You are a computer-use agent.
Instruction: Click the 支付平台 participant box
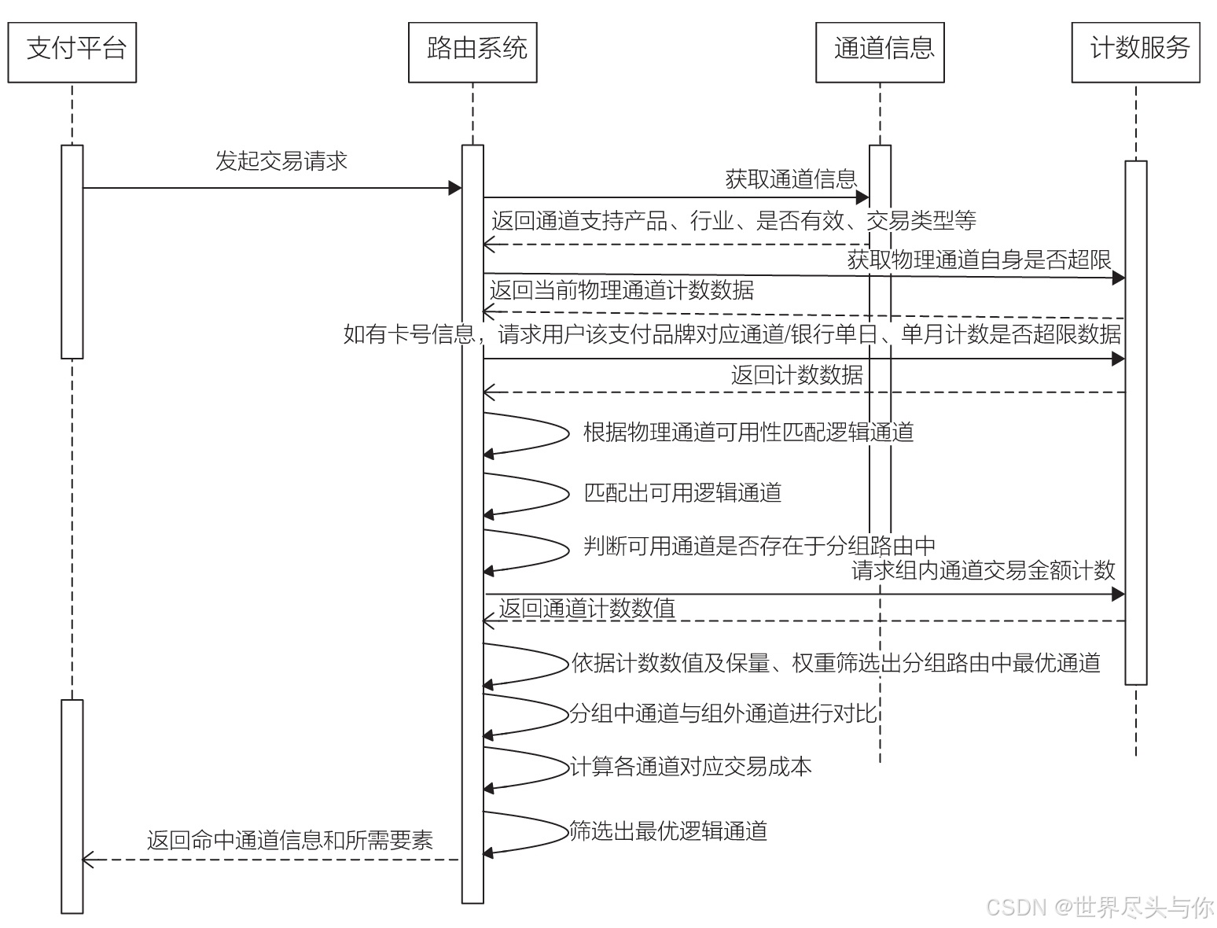72,52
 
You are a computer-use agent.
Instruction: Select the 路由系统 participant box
472,52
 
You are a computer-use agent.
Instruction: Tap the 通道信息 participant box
880,52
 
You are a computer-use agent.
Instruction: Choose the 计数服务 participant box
1136,52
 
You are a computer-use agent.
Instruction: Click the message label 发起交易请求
281,161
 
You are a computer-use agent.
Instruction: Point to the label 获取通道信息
790,179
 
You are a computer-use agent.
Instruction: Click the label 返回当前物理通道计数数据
621,290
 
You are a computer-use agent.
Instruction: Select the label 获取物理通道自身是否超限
979,259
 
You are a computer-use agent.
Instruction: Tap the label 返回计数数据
796,375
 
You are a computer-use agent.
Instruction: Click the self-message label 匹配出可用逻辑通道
682,493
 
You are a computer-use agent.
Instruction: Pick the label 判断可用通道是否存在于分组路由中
759,545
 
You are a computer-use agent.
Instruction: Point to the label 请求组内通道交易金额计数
983,570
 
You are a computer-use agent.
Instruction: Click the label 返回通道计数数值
586,608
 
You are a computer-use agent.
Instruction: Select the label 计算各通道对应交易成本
690,767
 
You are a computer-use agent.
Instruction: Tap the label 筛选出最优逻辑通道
668,830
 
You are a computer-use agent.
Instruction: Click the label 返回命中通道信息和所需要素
289,840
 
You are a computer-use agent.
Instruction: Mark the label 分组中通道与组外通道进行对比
722,713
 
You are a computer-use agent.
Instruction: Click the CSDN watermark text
1099,907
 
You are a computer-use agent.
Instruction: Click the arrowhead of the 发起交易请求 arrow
454,188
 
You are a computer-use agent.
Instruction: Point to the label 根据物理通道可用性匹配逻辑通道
748,432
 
